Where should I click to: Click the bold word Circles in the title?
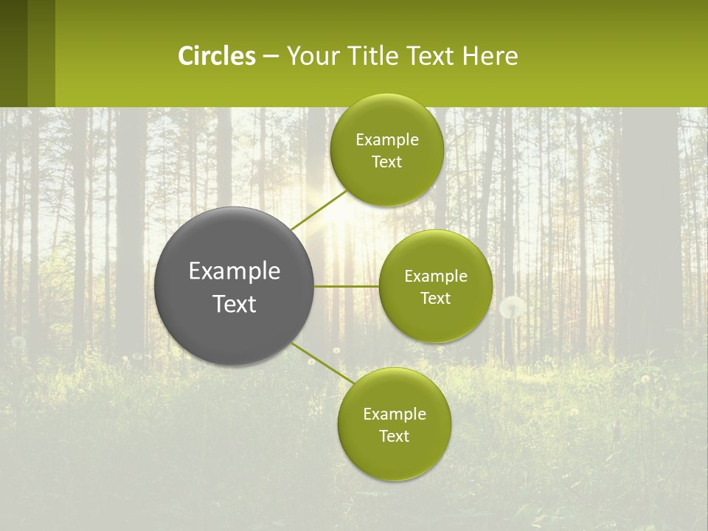click(x=216, y=55)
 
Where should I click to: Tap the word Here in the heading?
click(x=490, y=55)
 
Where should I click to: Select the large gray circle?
click(x=235, y=286)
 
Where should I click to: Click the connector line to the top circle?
click(x=319, y=210)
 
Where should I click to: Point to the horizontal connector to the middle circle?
click(x=347, y=286)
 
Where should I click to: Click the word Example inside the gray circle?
click(x=235, y=271)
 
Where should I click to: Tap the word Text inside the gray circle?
click(x=235, y=304)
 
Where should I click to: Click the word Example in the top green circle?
click(x=386, y=139)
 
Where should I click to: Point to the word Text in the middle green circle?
click(x=436, y=299)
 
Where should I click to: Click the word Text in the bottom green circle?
click(x=395, y=436)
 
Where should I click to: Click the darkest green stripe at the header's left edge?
click(x=13, y=53)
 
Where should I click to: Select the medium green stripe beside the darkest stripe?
click(x=41, y=53)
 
